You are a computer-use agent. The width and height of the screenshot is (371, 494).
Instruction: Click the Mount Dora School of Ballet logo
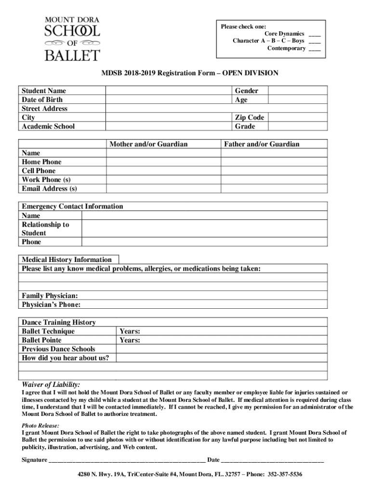(x=72, y=39)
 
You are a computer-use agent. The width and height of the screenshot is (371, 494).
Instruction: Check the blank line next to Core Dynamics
(x=314, y=34)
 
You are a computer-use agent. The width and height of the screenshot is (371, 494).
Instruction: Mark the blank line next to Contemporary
(x=314, y=49)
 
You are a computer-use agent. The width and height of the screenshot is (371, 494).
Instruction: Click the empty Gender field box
(x=297, y=91)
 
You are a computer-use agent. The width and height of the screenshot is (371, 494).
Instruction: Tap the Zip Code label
(x=249, y=118)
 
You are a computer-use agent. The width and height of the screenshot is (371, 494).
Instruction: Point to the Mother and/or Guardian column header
(x=148, y=144)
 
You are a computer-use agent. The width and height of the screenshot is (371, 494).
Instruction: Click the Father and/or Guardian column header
(x=261, y=144)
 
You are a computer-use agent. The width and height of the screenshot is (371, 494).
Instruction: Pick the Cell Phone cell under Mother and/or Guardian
(x=163, y=171)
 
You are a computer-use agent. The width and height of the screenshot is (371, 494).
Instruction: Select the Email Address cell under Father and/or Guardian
(x=274, y=189)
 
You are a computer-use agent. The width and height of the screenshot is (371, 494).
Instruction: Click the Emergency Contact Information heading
(x=72, y=206)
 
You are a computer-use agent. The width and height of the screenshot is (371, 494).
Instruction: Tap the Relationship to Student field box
(x=204, y=229)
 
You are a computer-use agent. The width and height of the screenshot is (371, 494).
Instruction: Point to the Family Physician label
(x=50, y=296)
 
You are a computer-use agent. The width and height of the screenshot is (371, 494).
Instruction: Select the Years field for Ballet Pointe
(x=222, y=340)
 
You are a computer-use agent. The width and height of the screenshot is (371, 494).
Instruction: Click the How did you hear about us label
(x=66, y=358)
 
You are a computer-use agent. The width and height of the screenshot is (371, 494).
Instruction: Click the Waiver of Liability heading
(x=51, y=384)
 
